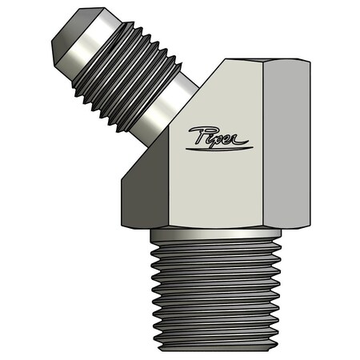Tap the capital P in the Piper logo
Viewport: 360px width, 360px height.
[198, 134]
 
